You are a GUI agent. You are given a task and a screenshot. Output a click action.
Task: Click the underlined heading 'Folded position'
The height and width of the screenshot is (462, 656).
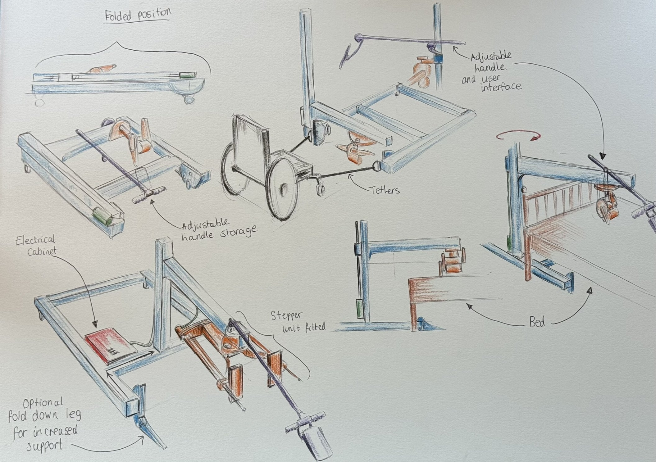[138, 15]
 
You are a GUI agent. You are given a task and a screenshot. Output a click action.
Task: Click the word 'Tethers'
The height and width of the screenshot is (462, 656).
[385, 190]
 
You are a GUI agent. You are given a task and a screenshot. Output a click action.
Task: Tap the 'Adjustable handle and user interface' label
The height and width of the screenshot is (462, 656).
[491, 72]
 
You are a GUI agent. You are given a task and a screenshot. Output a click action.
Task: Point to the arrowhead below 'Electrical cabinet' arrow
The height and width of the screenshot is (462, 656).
[95, 324]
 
